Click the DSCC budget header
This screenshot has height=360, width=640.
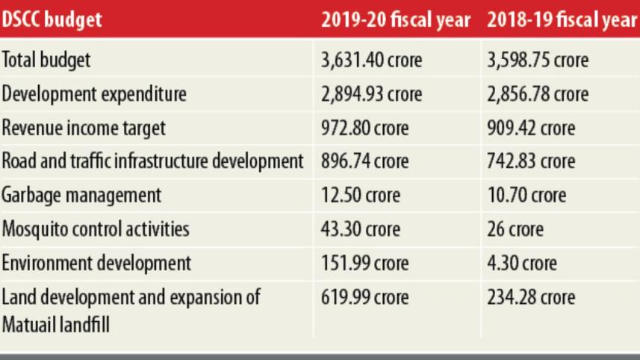(x=52, y=19)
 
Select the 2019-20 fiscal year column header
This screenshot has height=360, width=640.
(x=396, y=19)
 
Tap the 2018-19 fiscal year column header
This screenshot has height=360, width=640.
(x=562, y=19)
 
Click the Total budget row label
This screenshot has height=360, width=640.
(x=46, y=60)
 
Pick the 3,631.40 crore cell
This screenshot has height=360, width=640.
(x=371, y=60)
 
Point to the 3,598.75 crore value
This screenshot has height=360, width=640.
(x=538, y=60)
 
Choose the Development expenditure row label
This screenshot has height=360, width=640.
(x=94, y=94)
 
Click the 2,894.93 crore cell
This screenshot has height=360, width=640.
(x=371, y=94)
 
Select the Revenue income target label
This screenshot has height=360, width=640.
(x=84, y=128)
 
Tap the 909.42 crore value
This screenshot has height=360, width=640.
(x=531, y=128)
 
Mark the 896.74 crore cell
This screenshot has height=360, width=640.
(x=364, y=161)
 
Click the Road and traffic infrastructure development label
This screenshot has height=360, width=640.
(x=152, y=161)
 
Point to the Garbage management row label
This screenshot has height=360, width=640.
(x=81, y=196)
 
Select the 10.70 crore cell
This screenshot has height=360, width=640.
(x=526, y=195)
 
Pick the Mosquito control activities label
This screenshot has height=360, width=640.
(x=96, y=229)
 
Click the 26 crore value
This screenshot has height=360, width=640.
(x=515, y=229)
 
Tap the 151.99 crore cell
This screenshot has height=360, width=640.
(x=364, y=263)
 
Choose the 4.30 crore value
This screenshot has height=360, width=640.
(x=521, y=263)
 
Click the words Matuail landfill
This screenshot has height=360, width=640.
(x=55, y=326)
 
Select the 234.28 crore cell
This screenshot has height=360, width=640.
(x=531, y=297)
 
